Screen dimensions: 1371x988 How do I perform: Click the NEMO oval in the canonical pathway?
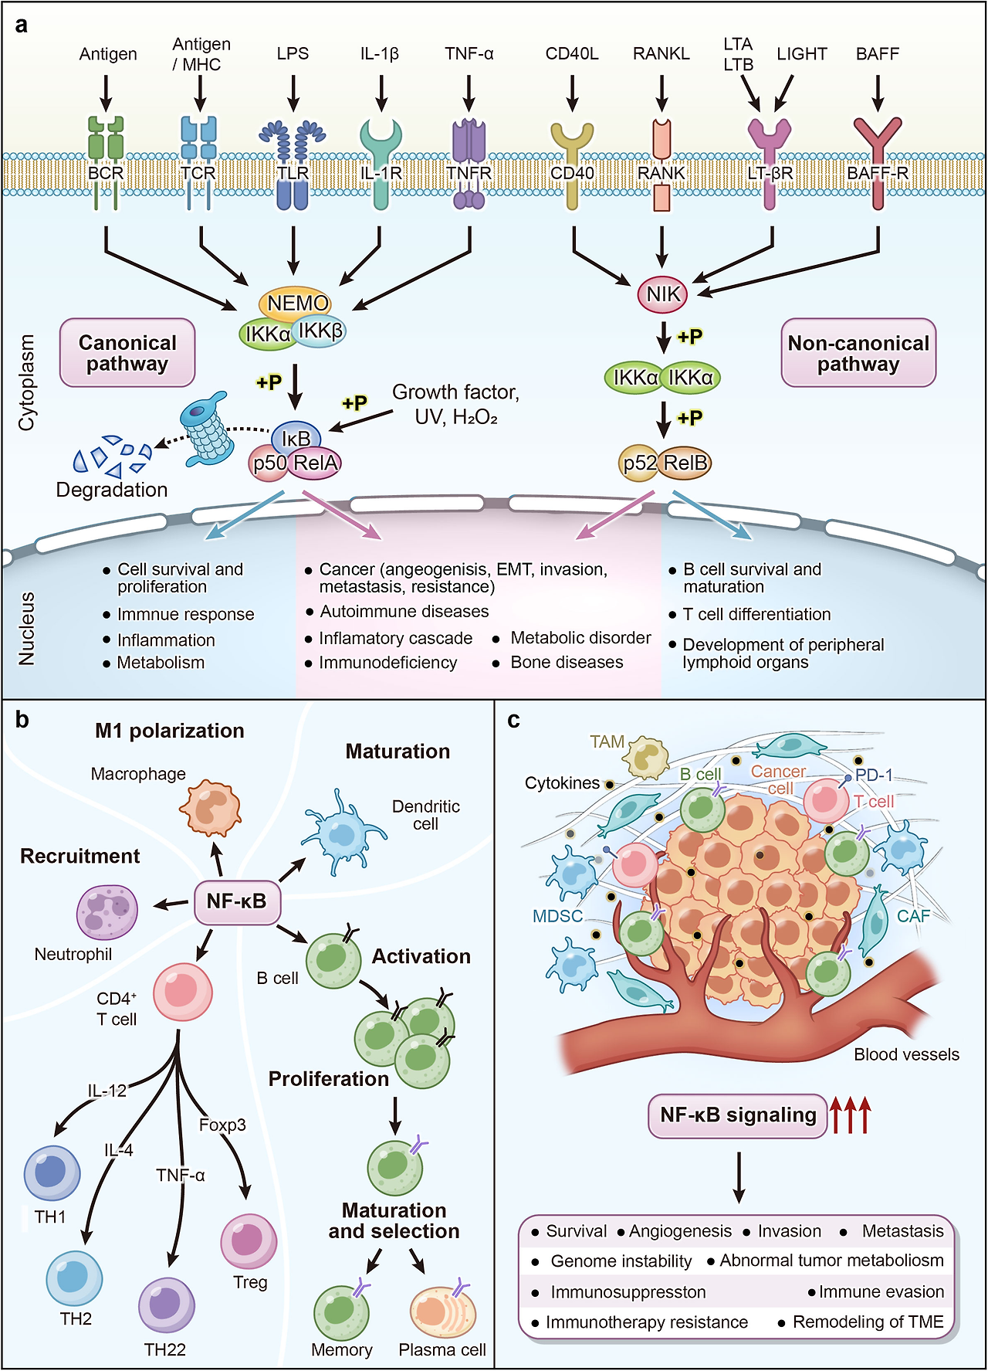(x=296, y=303)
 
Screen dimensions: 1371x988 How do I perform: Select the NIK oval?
(x=663, y=294)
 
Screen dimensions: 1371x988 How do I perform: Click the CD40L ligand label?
(x=572, y=54)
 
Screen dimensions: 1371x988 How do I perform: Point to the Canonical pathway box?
(x=127, y=353)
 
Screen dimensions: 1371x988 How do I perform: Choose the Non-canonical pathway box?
(x=858, y=353)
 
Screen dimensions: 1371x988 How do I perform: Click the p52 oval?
(x=640, y=463)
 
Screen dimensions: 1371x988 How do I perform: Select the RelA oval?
(x=315, y=463)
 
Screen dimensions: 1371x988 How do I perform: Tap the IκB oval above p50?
(x=296, y=438)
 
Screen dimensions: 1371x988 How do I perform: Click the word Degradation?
(x=112, y=490)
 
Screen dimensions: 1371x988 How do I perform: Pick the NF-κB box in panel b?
(x=236, y=901)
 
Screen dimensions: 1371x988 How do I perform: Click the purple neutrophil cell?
(x=107, y=912)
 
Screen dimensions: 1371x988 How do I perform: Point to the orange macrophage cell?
(x=210, y=809)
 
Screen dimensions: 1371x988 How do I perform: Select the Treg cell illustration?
(x=249, y=1242)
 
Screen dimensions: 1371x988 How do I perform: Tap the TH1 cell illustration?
(x=52, y=1172)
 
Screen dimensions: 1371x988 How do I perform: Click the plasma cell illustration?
(x=442, y=1312)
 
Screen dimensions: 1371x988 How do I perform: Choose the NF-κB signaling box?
(x=738, y=1115)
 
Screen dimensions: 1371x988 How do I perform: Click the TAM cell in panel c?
(x=648, y=758)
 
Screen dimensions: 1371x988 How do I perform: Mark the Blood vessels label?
(x=906, y=1054)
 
